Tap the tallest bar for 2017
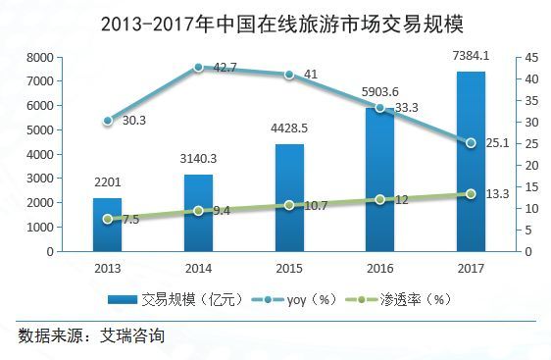(x=471, y=162)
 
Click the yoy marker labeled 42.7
(x=198, y=67)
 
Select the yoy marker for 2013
(x=107, y=121)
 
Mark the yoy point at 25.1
(x=471, y=143)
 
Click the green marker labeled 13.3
(x=471, y=194)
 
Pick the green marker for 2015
(x=289, y=205)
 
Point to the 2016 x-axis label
(x=379, y=267)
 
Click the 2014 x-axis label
(x=198, y=267)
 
